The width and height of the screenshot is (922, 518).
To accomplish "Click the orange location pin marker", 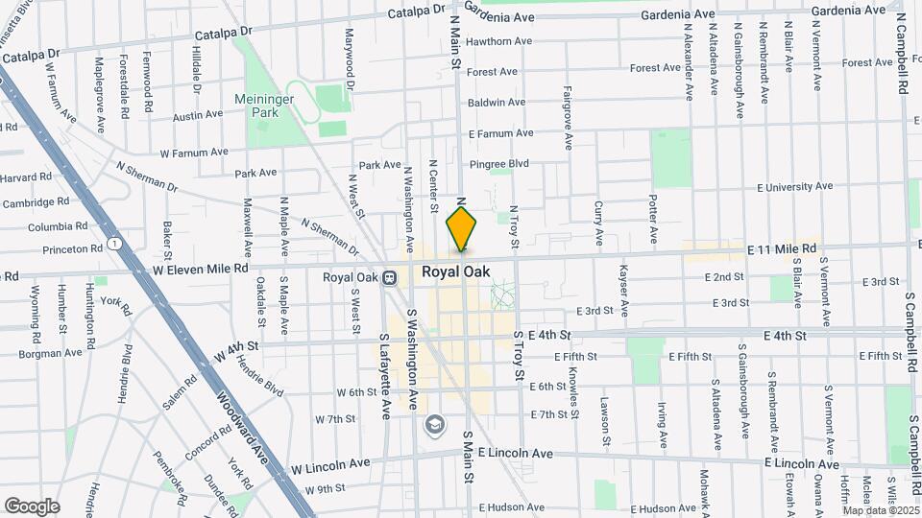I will [x=461, y=230].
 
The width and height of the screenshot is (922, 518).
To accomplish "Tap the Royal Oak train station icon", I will [x=390, y=278].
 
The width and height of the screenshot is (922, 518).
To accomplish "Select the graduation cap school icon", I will [x=435, y=424].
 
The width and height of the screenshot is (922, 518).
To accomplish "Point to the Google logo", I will [x=32, y=506].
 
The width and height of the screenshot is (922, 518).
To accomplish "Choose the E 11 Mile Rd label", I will [x=782, y=248].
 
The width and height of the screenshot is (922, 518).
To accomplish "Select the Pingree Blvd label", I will [x=499, y=164].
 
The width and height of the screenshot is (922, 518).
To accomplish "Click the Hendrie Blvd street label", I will [x=260, y=373].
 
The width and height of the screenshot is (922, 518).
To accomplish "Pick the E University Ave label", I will [x=794, y=187].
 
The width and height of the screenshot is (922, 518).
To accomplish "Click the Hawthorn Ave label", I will [x=499, y=41].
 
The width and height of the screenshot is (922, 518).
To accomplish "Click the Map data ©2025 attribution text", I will [x=880, y=509].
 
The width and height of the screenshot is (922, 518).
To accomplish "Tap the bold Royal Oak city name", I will [x=456, y=272].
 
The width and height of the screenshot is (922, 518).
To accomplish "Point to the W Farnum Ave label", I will [x=194, y=152].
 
